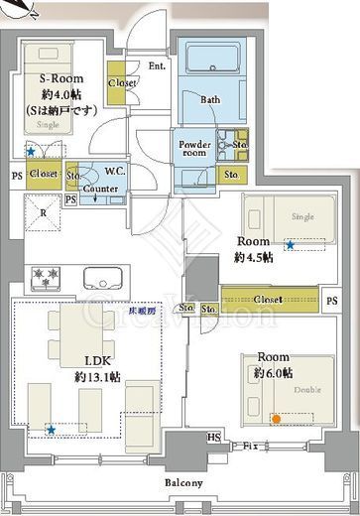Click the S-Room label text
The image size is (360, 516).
60,78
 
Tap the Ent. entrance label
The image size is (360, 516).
157,65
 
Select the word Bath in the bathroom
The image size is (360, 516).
210,100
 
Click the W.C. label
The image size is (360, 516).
114,171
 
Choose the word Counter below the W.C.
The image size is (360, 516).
101,188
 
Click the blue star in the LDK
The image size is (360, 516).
50,430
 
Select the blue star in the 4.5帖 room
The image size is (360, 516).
290,244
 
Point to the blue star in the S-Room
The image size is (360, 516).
31,151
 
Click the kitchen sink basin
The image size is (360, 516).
102,276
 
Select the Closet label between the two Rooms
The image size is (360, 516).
269,299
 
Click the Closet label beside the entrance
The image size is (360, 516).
123,83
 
